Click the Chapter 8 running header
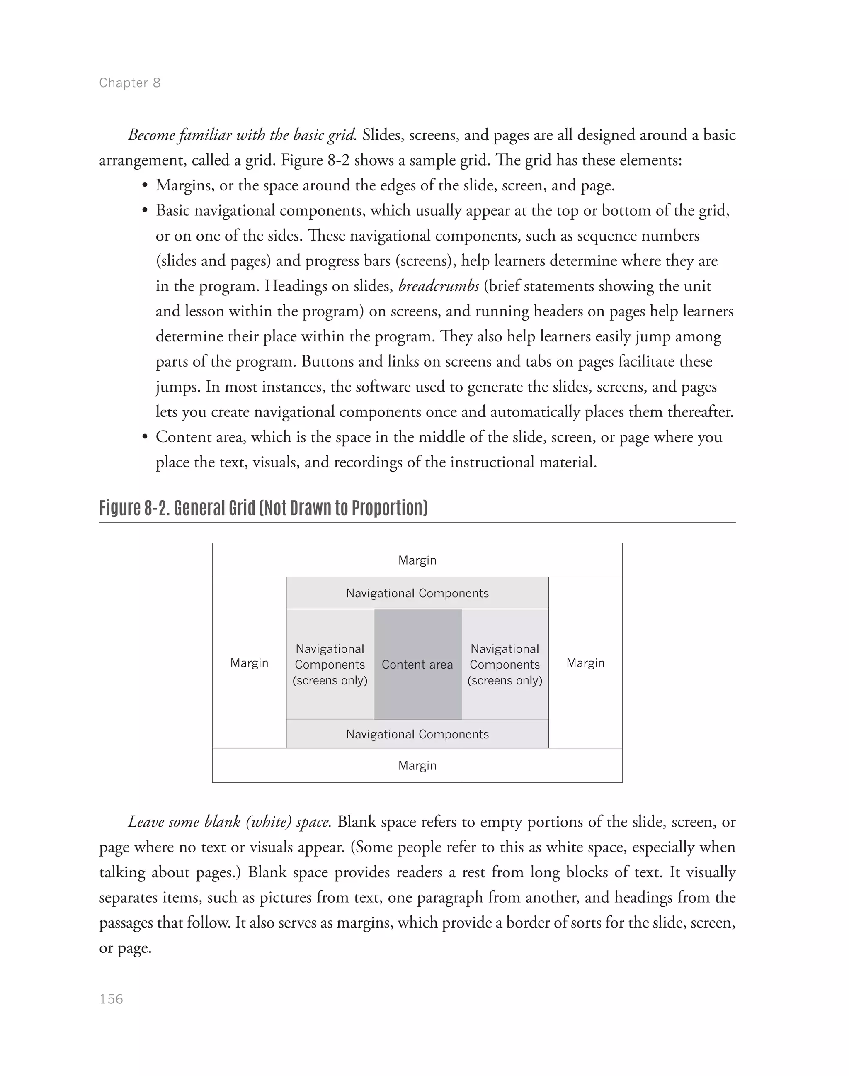point(130,83)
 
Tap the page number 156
point(112,999)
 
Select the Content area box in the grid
point(417,665)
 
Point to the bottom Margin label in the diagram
point(417,766)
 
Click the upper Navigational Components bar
point(417,593)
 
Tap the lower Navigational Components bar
point(417,734)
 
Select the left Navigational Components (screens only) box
point(330,665)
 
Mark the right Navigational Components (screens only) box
point(505,665)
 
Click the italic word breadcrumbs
point(439,286)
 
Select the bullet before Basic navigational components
point(145,211)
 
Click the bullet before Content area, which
point(145,438)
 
